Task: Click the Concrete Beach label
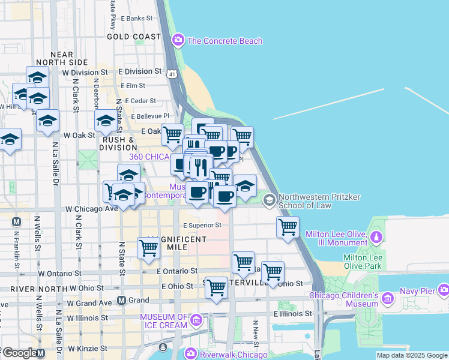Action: (x=224, y=41)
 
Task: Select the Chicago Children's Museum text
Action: (x=344, y=299)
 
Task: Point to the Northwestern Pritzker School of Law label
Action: (x=315, y=200)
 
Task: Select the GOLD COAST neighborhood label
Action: (x=134, y=37)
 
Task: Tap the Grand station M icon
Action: (x=122, y=300)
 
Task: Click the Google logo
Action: (x=19, y=353)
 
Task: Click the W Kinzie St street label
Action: (x=87, y=348)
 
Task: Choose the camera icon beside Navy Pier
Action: (x=444, y=290)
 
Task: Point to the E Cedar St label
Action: (x=139, y=101)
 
